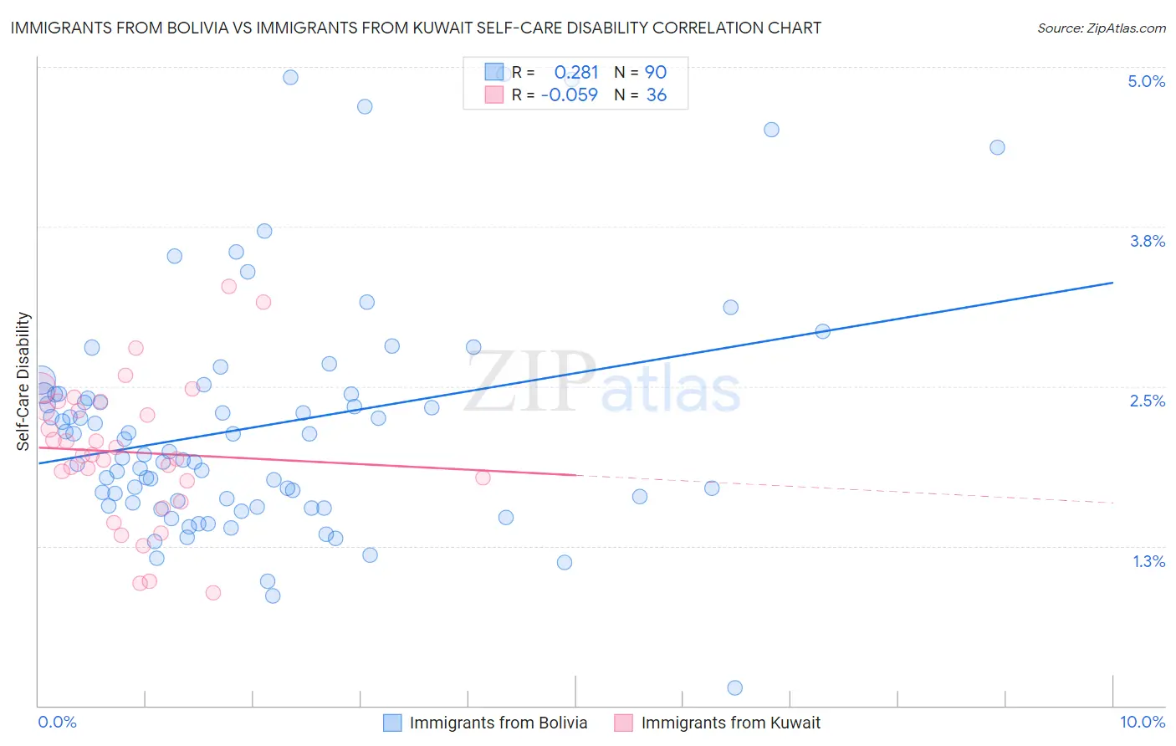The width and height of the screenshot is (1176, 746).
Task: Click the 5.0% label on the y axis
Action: click(1146, 81)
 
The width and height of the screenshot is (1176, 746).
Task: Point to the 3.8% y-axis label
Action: click(1147, 241)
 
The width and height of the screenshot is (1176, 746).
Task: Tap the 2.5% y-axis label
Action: click(1147, 401)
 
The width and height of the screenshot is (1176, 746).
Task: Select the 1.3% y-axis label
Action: click(1148, 561)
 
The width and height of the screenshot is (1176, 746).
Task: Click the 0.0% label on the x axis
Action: click(57, 722)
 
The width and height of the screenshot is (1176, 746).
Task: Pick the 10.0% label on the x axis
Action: click(1142, 722)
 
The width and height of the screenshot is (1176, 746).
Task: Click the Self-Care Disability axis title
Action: click(23, 381)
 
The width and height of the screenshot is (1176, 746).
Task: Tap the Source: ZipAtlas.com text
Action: click(1101, 28)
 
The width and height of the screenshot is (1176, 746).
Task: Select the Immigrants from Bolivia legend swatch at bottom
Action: click(392, 723)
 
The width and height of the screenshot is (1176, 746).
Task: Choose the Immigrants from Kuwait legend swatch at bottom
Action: click(624, 723)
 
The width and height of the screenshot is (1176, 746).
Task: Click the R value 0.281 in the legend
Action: click(576, 72)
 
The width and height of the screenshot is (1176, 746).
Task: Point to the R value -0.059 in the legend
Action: click(570, 95)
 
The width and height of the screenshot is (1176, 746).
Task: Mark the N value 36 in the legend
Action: click(657, 95)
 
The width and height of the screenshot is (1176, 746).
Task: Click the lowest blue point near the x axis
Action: click(735, 687)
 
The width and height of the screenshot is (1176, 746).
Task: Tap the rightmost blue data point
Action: click(997, 147)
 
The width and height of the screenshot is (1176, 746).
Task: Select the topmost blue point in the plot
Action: click(290, 77)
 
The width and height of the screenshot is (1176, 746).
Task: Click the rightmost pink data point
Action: click(483, 478)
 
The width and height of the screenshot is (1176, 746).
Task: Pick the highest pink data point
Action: click(228, 286)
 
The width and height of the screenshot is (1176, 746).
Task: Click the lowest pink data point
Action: click(213, 592)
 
